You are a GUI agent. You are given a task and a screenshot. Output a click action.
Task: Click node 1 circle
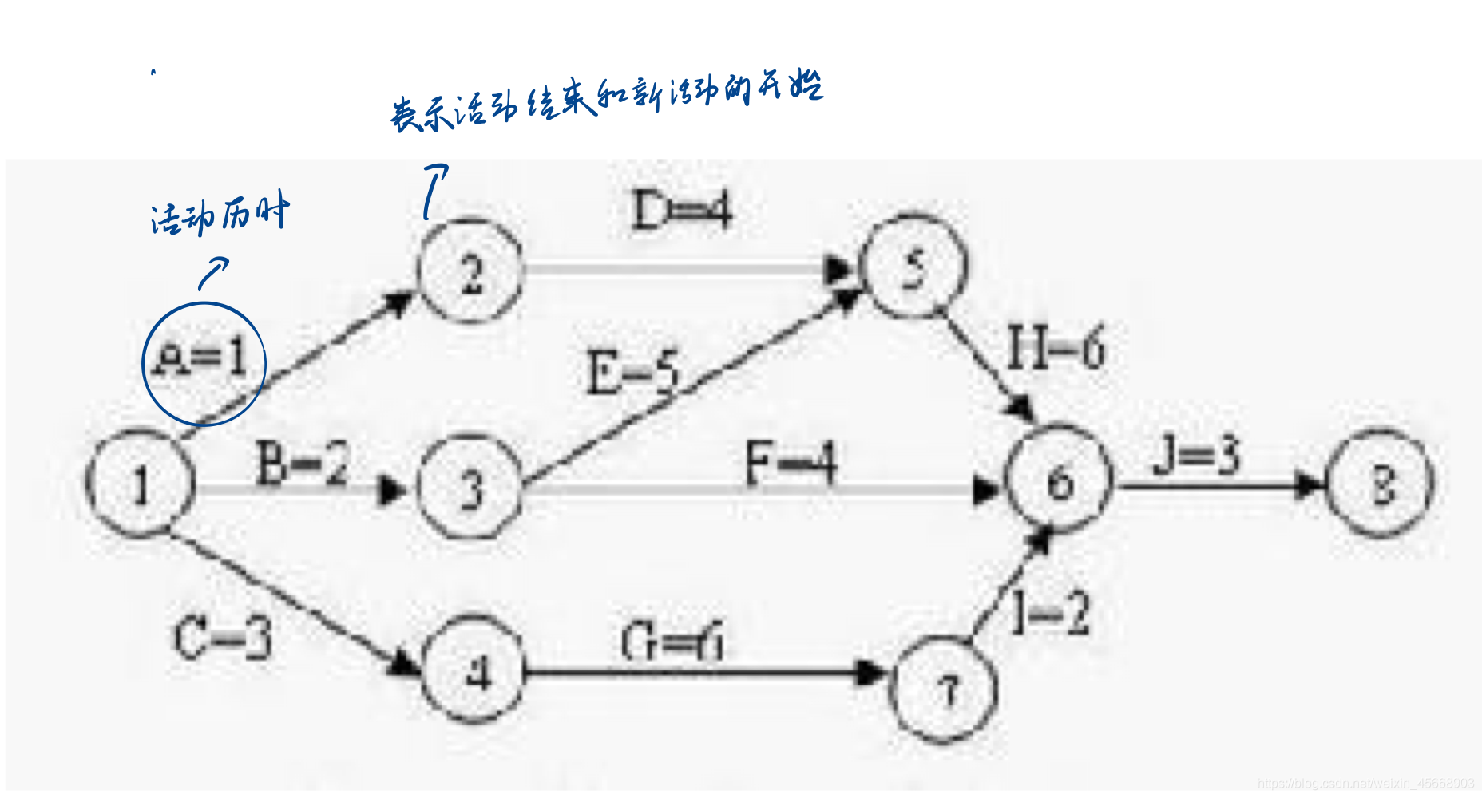pos(141,484)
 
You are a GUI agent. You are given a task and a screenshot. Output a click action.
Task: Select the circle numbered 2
pos(471,272)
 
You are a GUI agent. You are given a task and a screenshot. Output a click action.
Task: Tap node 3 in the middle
pos(471,487)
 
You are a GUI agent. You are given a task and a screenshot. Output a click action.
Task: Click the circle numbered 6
pos(1060,480)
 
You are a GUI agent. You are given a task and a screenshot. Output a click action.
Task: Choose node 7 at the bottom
pos(946,689)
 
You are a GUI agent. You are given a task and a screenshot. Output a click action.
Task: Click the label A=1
pos(201,358)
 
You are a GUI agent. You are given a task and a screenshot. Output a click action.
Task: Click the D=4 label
pos(681,211)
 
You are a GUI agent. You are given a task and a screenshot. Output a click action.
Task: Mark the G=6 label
pos(672,642)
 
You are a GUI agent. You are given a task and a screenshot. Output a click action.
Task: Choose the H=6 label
pos(1055,348)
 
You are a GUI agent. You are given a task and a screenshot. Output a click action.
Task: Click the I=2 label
pos(1050,613)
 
